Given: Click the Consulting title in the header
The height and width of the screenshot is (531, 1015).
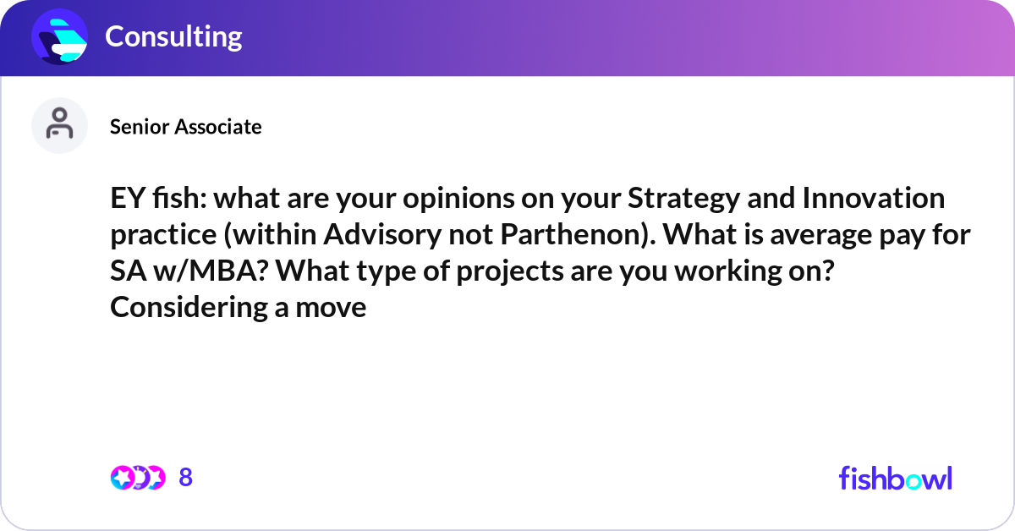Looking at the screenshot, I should [x=173, y=36].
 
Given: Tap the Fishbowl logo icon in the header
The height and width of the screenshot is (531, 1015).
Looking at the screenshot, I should [x=60, y=36].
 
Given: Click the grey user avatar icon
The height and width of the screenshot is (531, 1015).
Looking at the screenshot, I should [x=60, y=125].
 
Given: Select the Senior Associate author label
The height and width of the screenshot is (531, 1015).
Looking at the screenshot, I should [x=185, y=127].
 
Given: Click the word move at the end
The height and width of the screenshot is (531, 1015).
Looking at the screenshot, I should [x=331, y=307].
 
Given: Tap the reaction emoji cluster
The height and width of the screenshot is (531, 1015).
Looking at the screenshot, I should [x=137, y=478].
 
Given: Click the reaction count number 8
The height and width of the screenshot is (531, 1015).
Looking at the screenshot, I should [x=186, y=478].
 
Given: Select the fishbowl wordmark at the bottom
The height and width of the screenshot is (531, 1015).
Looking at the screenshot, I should [x=895, y=478].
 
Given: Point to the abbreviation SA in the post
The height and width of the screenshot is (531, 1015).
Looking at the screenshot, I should [x=126, y=271].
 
